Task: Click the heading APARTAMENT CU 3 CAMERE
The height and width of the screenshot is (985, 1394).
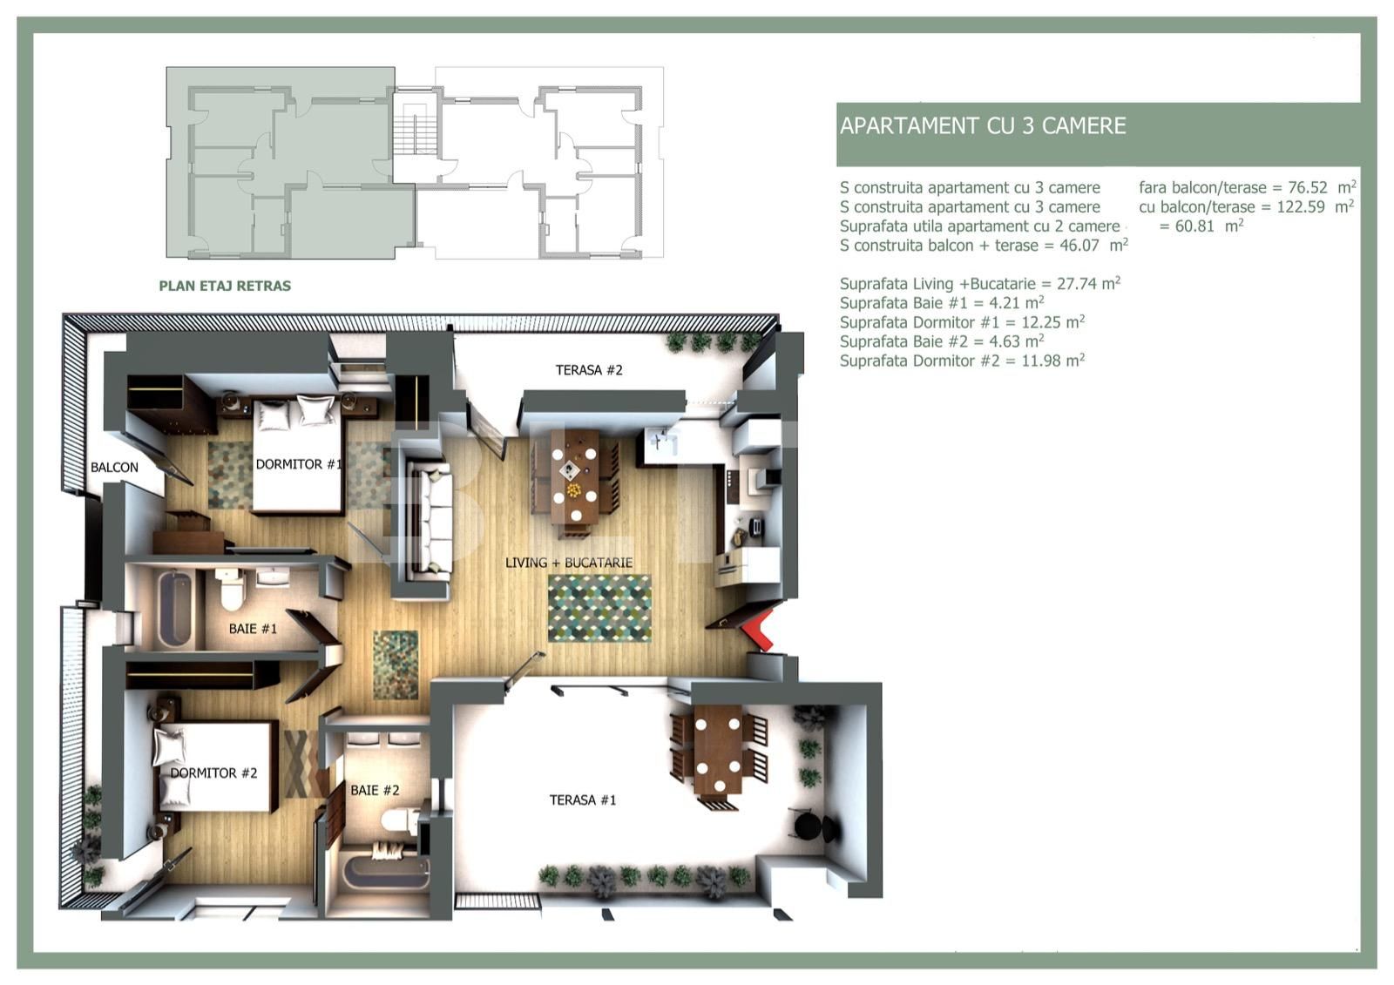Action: click(x=983, y=126)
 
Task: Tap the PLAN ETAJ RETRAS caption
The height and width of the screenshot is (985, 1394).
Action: click(x=225, y=286)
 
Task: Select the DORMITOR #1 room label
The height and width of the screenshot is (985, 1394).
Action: click(x=297, y=465)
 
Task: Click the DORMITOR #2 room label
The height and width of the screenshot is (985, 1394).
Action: click(x=213, y=773)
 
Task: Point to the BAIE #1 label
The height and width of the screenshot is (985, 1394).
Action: click(x=253, y=629)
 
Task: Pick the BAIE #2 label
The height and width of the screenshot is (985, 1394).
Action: click(x=375, y=791)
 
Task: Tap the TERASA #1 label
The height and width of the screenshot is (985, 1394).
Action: click(x=583, y=800)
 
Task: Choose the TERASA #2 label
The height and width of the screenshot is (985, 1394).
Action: click(x=589, y=370)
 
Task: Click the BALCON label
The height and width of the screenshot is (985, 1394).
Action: click(x=114, y=468)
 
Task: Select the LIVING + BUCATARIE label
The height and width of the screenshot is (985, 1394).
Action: click(x=569, y=563)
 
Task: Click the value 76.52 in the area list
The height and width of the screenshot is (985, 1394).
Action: click(x=1307, y=188)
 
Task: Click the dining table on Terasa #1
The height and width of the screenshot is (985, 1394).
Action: click(x=718, y=749)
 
